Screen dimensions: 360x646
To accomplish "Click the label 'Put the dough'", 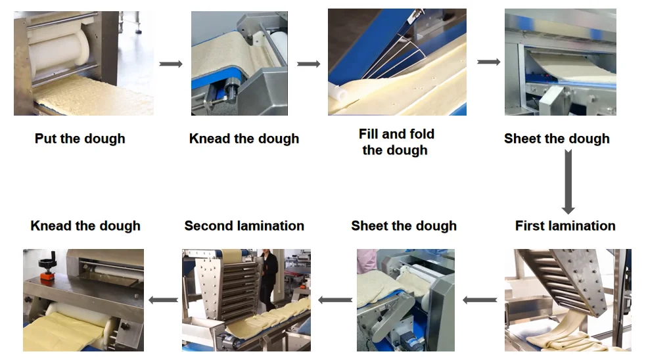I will pos(80,139).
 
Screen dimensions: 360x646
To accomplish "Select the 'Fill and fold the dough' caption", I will pos(396,142).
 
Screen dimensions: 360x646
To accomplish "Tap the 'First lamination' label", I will pos(565,226).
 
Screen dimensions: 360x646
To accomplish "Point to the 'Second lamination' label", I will pos(244,226).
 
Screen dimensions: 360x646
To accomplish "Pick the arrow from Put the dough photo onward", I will pos(171,64).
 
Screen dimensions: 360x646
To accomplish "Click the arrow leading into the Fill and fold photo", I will pos(309,64).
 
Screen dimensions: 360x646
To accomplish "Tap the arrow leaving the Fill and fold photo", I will pos(488,62).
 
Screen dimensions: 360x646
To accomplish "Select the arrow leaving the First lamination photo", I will pos(480,300).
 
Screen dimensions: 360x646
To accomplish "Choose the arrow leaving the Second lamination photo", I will pos(163,300).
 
